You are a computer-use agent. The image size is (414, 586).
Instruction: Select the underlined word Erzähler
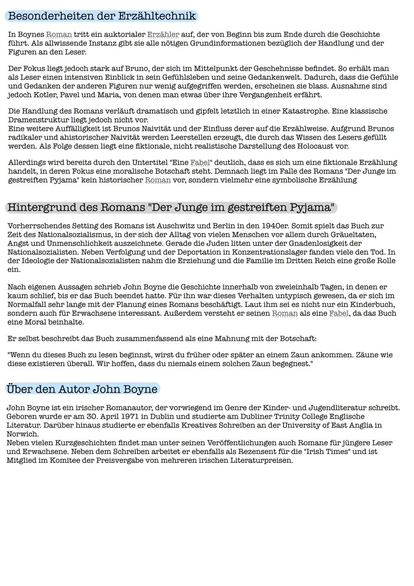coord(163,35)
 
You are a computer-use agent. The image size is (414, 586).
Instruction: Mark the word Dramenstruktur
coord(39,120)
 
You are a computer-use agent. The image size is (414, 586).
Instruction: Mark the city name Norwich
coord(22,434)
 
